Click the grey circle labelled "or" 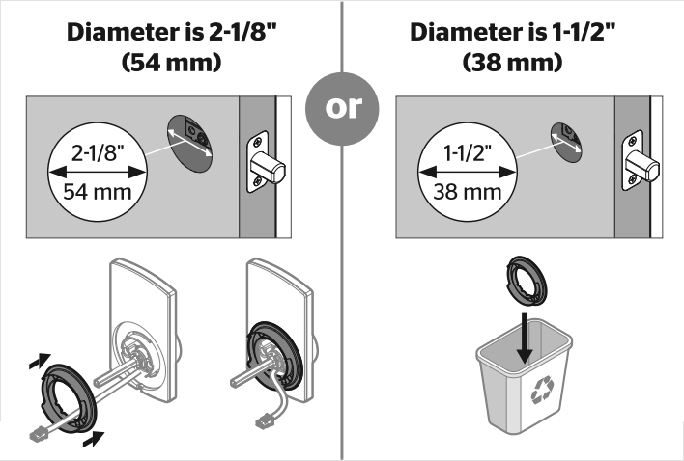click(341, 107)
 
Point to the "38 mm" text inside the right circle click(463, 190)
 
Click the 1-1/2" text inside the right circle click(463, 151)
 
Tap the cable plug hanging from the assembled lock click(263, 421)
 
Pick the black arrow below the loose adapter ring click(94, 440)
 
